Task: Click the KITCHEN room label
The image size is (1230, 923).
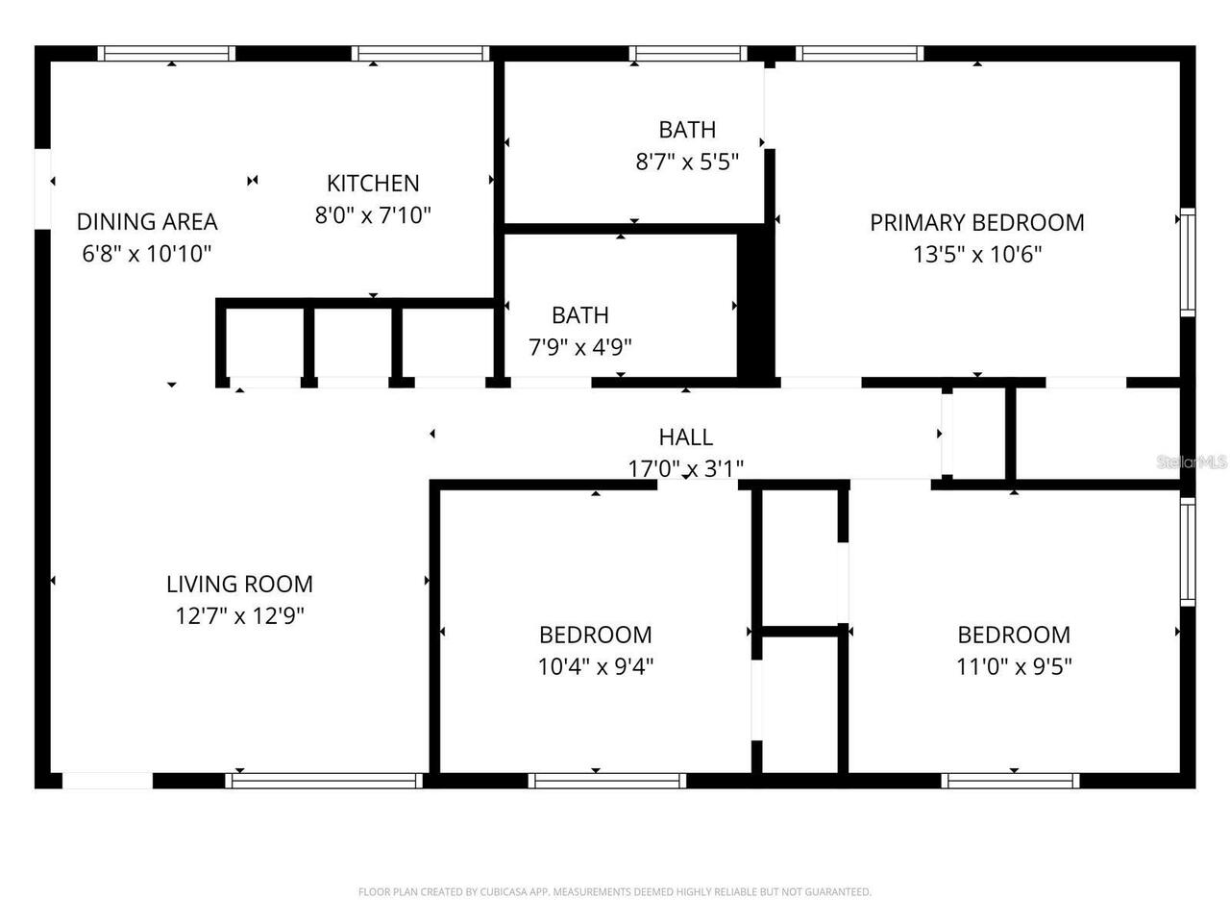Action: (x=373, y=183)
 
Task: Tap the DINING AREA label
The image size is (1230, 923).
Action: (x=147, y=221)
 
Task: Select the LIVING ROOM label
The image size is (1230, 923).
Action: (x=239, y=584)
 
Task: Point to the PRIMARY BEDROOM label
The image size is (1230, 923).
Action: (x=976, y=222)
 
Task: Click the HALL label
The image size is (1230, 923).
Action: (x=685, y=437)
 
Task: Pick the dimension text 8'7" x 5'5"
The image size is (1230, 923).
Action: (x=686, y=162)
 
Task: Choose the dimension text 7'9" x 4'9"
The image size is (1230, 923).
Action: (x=579, y=347)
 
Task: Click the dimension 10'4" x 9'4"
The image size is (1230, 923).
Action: (x=595, y=666)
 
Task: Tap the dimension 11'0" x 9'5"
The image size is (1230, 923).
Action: (x=1014, y=666)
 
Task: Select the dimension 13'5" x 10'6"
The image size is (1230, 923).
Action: (x=976, y=254)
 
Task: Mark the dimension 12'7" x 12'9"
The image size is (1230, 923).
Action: (x=239, y=615)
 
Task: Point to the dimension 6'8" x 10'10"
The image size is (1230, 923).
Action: (x=147, y=254)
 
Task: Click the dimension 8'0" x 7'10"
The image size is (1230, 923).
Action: (x=373, y=214)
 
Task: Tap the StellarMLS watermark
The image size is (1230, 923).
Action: (x=1191, y=462)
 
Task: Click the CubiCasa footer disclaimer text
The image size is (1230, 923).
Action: (x=614, y=892)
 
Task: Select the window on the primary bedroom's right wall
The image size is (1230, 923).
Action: (x=1188, y=262)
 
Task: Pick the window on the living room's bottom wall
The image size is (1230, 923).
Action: (x=324, y=781)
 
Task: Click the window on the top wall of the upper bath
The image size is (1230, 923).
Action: (x=687, y=53)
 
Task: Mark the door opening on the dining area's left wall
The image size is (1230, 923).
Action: (x=42, y=189)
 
